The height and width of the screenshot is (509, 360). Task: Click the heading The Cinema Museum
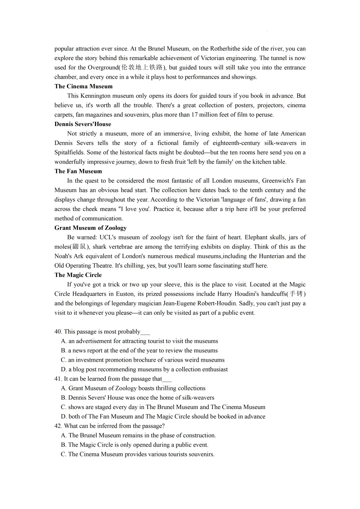[x=83, y=86]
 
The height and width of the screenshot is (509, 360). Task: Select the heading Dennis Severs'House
[x=83, y=124]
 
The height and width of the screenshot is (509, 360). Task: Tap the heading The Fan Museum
[x=78, y=171]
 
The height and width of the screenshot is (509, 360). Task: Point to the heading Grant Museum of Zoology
[x=90, y=228]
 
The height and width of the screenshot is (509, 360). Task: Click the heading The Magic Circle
[x=78, y=275]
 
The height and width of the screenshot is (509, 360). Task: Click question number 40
[x=58, y=332]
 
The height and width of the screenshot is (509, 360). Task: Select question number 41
[x=58, y=379]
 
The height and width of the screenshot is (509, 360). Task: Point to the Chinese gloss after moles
[x=79, y=247]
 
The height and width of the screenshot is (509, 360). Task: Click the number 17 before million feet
[x=194, y=115]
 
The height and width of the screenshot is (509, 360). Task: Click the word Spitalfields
[x=69, y=152]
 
